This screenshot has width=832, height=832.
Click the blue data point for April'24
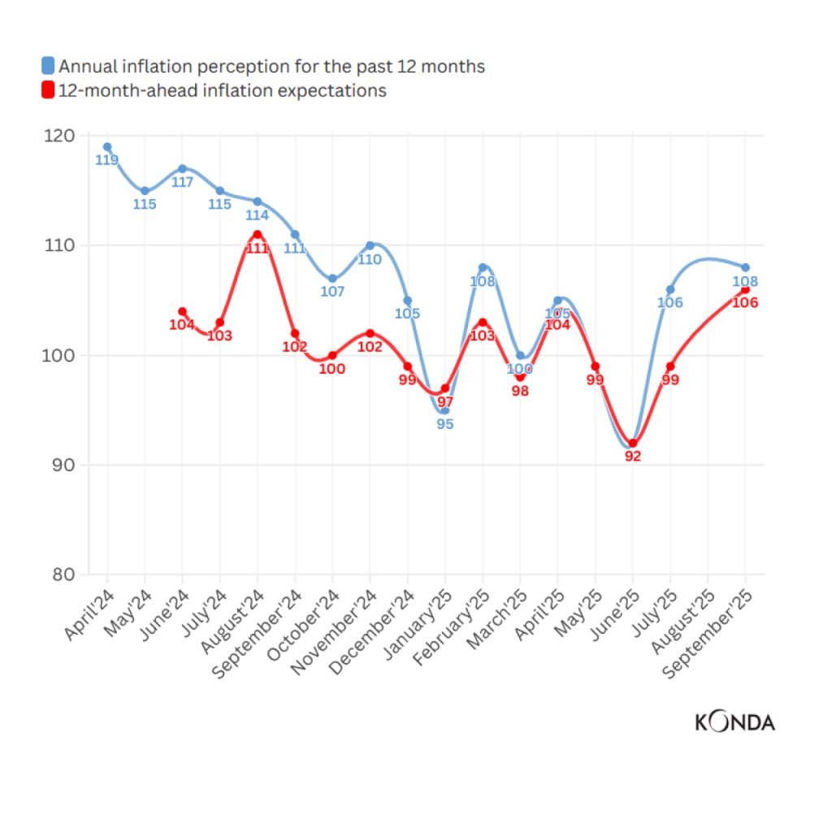tap(107, 147)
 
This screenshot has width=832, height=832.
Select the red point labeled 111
tap(258, 234)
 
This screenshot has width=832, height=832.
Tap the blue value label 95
tap(444, 424)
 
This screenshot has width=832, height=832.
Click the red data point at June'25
tap(633, 444)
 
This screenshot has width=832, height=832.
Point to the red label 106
tap(745, 302)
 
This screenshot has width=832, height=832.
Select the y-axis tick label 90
tap(63, 466)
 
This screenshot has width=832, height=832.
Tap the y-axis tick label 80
tap(63, 575)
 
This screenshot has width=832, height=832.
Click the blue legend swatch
tap(48, 67)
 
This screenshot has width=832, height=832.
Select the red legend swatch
tap(48, 90)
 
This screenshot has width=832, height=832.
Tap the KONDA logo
tap(734, 721)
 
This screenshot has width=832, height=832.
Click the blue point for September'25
tap(745, 267)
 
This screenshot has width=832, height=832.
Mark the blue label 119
tap(106, 160)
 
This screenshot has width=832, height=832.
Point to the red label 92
tap(633, 457)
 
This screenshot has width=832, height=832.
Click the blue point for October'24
tap(332, 279)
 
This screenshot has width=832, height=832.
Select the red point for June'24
tap(182, 311)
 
